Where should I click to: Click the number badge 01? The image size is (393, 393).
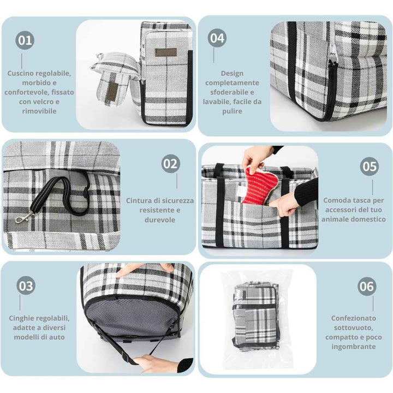25,40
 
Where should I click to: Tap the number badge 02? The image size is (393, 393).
171,164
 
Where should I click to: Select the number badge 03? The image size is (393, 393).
26,285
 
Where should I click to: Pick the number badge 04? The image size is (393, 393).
217,38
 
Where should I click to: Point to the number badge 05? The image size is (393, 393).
370,166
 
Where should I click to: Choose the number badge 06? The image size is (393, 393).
367,287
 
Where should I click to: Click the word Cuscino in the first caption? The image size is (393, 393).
20,74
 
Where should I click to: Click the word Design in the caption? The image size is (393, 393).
232,74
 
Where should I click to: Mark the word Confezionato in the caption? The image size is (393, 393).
354,318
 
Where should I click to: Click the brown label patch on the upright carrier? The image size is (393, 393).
166,52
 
